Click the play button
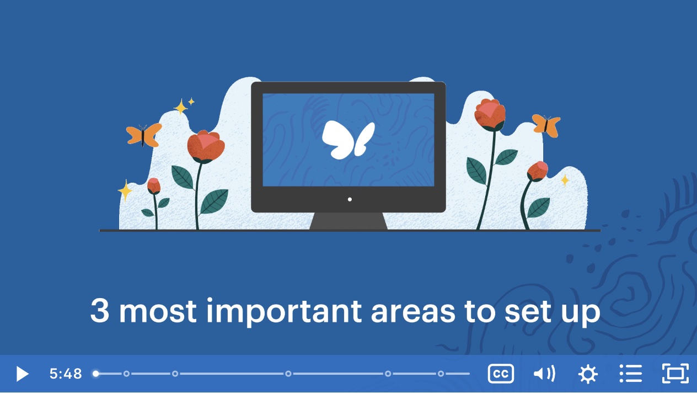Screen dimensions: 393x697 pyautogui.click(x=22, y=374)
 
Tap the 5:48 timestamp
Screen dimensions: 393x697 pyautogui.click(x=66, y=374)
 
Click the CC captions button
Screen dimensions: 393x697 pyautogui.click(x=501, y=374)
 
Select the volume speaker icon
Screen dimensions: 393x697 pyautogui.click(x=544, y=374)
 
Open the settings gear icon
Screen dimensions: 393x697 pyautogui.click(x=588, y=374)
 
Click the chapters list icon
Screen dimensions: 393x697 pyautogui.click(x=631, y=374)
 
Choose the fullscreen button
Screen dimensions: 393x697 pyautogui.click(x=675, y=374)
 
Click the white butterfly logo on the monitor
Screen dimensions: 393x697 pyautogui.click(x=348, y=139)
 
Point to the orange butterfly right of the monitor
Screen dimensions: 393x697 pyautogui.click(x=546, y=125)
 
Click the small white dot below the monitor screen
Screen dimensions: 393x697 pyautogui.click(x=350, y=199)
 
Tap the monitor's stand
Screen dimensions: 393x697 pyautogui.click(x=349, y=221)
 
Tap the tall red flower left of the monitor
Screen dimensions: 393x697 pyautogui.click(x=206, y=147)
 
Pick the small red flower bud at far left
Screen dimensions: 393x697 pyautogui.click(x=154, y=186)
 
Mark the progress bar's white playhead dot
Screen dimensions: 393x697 pyautogui.click(x=96, y=374)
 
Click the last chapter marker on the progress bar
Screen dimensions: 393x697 pyautogui.click(x=441, y=374)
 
